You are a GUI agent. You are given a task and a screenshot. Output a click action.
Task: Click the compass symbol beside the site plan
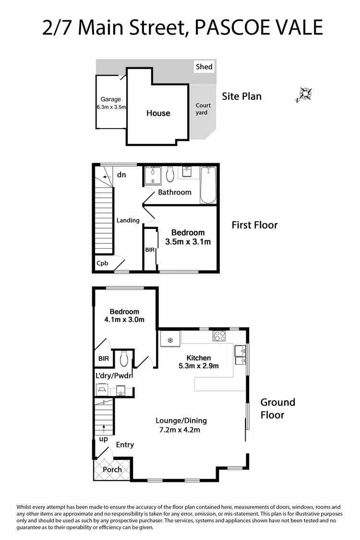click(x=304, y=94)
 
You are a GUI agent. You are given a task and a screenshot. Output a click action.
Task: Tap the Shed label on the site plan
click(x=204, y=67)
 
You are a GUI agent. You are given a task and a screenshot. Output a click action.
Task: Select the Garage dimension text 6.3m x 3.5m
click(x=111, y=107)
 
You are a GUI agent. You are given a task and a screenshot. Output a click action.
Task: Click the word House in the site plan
click(x=158, y=113)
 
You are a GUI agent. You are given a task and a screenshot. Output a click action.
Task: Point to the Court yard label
click(x=202, y=109)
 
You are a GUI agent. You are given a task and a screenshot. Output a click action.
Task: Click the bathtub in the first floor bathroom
click(x=208, y=185)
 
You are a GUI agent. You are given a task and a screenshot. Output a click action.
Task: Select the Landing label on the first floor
click(x=128, y=220)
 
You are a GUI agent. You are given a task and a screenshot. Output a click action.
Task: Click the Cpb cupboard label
click(x=102, y=263)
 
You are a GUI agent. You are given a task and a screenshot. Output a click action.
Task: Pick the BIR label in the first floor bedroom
click(x=150, y=250)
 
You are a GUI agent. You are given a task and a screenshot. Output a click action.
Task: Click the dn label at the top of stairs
click(x=121, y=175)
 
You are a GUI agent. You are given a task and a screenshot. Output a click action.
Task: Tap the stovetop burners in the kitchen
click(x=219, y=336)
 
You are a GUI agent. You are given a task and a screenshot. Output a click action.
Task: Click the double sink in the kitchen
click(x=240, y=356)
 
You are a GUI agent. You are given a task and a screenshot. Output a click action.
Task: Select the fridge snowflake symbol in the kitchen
click(x=170, y=340)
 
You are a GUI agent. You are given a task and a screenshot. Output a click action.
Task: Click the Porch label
click(x=112, y=469)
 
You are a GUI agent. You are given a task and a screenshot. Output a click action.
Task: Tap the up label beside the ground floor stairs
click(x=103, y=439)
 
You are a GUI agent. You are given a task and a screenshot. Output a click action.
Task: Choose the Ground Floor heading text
click(x=277, y=408)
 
